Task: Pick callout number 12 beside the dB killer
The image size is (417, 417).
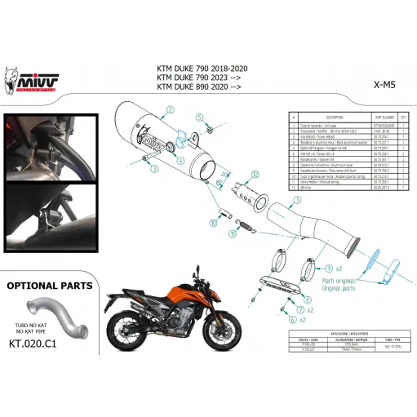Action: coord(255,175)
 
